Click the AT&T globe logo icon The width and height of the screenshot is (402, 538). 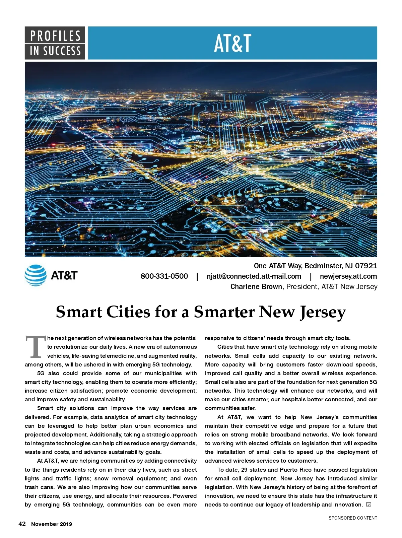click(x=36, y=275)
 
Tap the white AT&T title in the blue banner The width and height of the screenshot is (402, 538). click(x=232, y=44)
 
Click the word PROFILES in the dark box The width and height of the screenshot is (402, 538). click(x=55, y=36)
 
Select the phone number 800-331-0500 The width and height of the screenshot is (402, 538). click(x=164, y=276)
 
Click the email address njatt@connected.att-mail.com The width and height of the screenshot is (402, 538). click(x=254, y=276)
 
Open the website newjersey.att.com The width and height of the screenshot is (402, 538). click(x=348, y=276)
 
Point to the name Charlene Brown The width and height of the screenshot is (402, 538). click(x=256, y=287)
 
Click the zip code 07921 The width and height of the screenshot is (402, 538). click(x=366, y=266)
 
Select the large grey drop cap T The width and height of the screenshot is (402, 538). click(x=35, y=346)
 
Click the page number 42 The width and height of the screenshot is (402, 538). click(x=22, y=524)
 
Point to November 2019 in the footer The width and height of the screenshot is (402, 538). click(x=52, y=524)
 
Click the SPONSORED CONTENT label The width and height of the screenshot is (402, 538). click(x=353, y=518)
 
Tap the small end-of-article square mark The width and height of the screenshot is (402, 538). click(x=368, y=505)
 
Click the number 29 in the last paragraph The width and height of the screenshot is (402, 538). click(x=244, y=470)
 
